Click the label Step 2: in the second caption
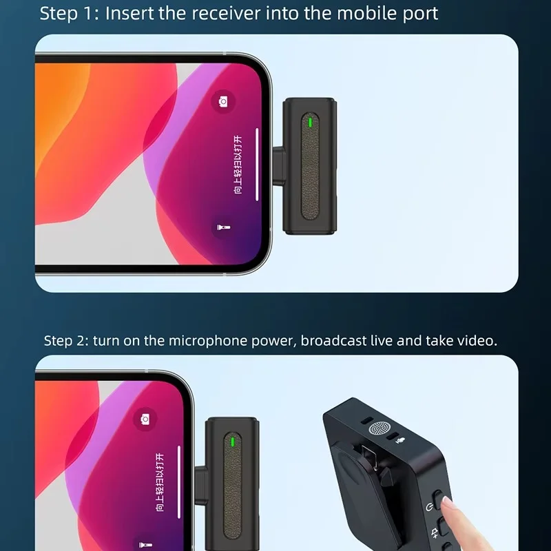[x=65, y=341]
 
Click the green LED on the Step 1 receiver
[x=311, y=123]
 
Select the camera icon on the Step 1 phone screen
[x=223, y=102]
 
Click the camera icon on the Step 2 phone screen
[x=145, y=419]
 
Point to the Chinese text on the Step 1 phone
[x=238, y=166]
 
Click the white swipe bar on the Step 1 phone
[x=257, y=164]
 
